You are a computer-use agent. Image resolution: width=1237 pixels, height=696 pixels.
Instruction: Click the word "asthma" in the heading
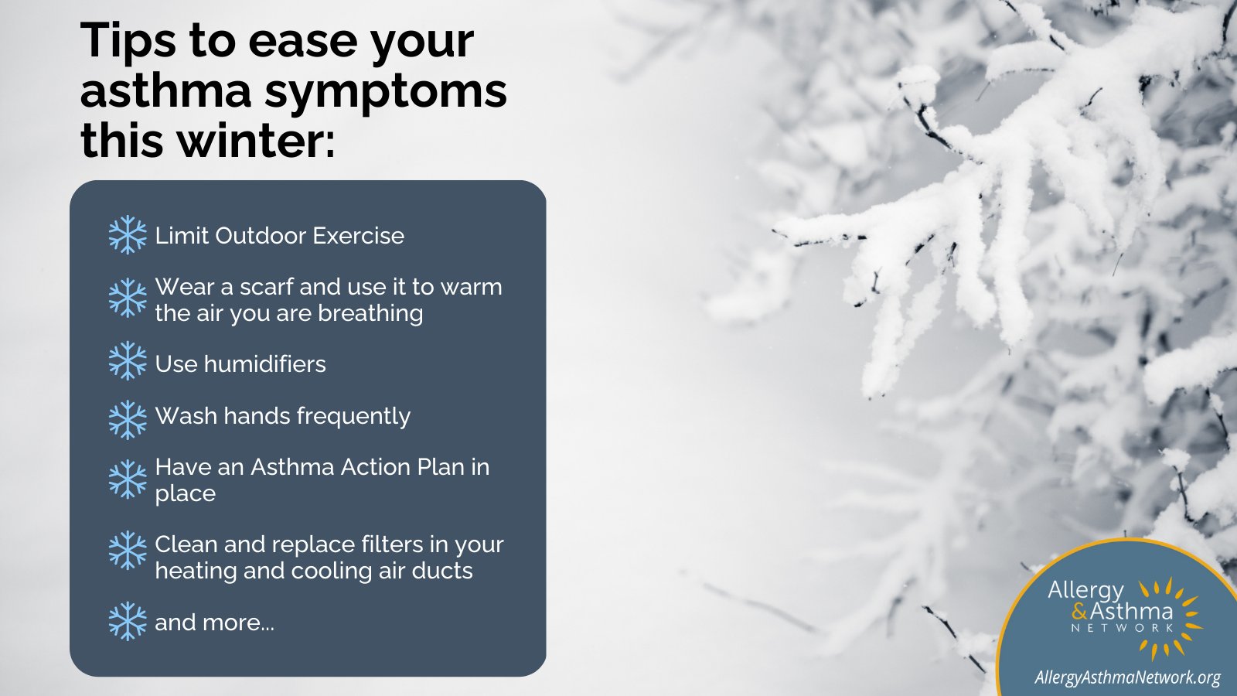tap(165, 90)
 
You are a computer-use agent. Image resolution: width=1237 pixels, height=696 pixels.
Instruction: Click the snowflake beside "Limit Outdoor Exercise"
tap(128, 235)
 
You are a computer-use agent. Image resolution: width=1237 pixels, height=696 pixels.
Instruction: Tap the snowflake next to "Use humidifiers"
tap(128, 361)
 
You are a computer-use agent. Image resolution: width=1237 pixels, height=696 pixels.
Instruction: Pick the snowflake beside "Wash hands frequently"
tap(128, 419)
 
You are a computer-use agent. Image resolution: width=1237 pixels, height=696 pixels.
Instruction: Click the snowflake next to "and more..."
tap(128, 621)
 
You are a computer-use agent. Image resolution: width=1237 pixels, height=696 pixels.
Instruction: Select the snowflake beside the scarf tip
tap(128, 299)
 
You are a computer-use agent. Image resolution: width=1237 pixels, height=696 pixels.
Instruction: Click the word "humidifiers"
tap(264, 364)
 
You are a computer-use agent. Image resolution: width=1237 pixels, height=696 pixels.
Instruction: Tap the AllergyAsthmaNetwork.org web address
tap(1127, 677)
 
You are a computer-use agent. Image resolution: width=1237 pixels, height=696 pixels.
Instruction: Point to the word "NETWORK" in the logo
tap(1123, 628)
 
